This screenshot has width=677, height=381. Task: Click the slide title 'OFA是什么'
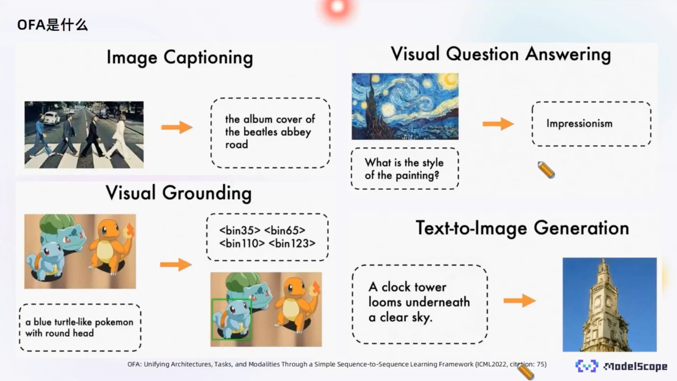tap(52, 25)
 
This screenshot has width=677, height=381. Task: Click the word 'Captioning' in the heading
tap(208, 58)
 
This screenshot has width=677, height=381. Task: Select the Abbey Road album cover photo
tap(84, 135)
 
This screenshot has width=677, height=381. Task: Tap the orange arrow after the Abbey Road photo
tap(177, 127)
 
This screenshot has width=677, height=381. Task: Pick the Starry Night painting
tap(405, 106)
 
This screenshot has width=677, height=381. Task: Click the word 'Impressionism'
tap(580, 124)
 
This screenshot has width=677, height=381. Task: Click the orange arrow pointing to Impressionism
tap(498, 124)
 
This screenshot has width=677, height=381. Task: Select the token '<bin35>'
tap(239, 230)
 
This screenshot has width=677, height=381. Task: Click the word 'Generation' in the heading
tap(581, 228)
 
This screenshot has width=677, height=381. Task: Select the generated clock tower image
tap(610, 305)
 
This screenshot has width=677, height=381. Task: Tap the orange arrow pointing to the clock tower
tap(520, 301)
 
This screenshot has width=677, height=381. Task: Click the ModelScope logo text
tap(635, 366)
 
